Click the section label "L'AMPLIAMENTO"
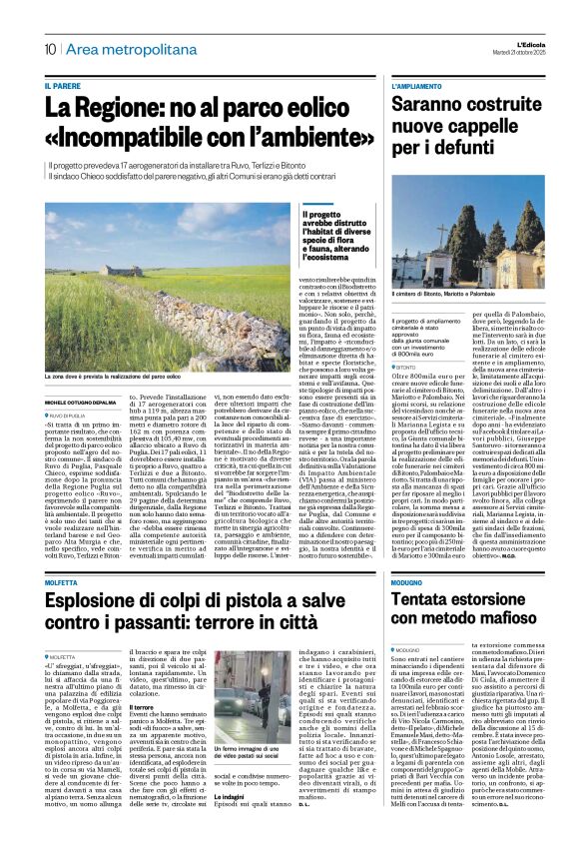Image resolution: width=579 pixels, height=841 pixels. coord(418,86)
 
